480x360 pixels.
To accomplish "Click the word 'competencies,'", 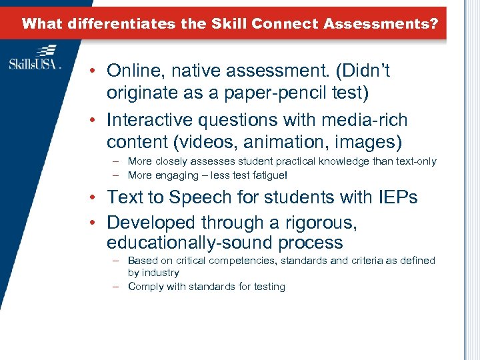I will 243,260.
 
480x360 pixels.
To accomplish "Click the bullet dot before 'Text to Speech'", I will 97,198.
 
